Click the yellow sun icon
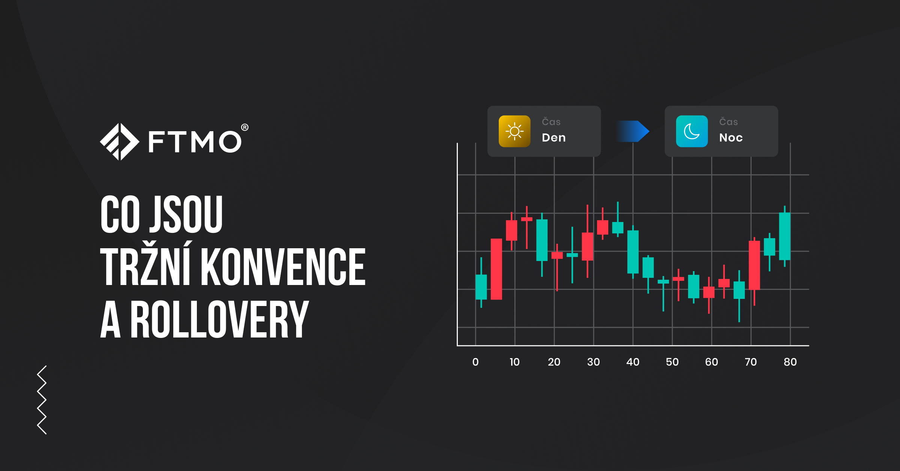tap(514, 131)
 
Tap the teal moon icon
tap(691, 131)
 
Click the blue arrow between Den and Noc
tap(633, 131)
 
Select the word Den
tap(553, 138)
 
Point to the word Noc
tap(731, 138)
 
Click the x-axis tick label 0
tap(475, 362)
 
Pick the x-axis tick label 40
tap(633, 362)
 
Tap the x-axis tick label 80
tap(790, 362)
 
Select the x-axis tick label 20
tap(554, 362)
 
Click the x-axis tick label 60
tap(711, 362)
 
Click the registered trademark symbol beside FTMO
tap(244, 127)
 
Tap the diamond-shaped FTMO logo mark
tap(120, 142)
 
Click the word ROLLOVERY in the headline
tap(219, 319)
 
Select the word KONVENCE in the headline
tap(283, 267)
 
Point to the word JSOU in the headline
tap(186, 214)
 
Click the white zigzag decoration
tap(42, 400)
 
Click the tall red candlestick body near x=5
tap(496, 269)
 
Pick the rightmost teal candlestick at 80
tap(784, 236)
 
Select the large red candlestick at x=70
tap(754, 265)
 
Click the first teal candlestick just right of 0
tap(481, 287)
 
